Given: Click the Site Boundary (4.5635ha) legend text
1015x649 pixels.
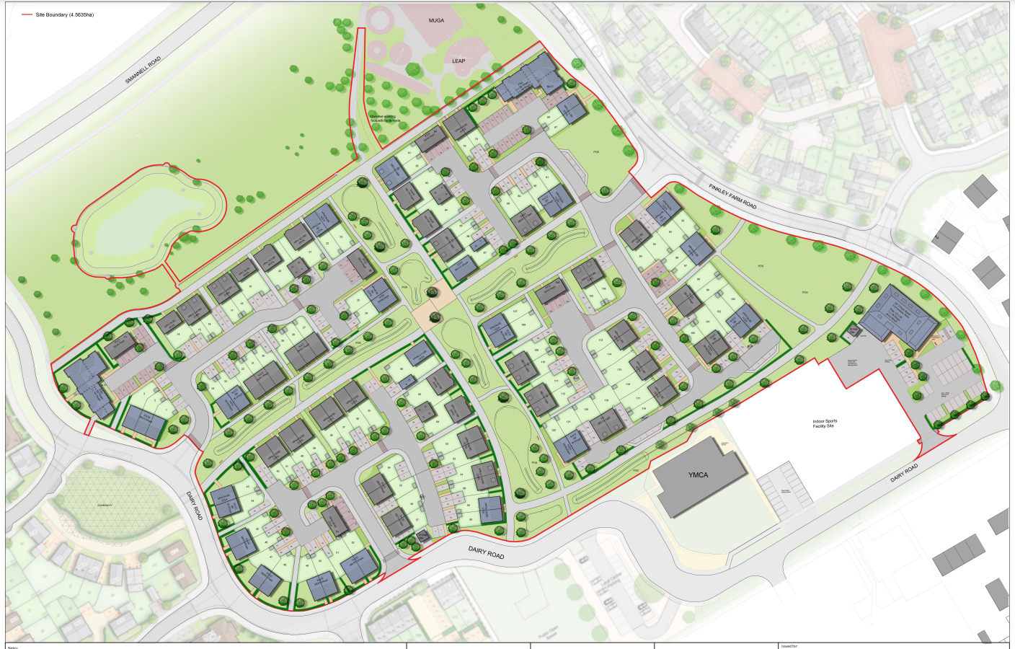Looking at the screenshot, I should pos(65,14).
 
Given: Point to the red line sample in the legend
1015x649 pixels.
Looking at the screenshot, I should pos(27,14).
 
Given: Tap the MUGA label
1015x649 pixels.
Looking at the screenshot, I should pos(436,20).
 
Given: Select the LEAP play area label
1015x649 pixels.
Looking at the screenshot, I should pos(458,61).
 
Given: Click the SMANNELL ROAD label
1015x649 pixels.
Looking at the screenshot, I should pos(143,70).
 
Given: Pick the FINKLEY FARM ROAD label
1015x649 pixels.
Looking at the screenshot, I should pos(732,196).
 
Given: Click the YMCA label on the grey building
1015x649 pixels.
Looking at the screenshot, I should pos(698,475).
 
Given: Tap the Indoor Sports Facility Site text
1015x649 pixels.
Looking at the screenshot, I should pos(825,424).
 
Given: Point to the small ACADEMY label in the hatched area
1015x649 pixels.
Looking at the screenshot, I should pos(105,505).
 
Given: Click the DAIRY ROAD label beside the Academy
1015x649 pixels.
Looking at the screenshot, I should pos(194,505).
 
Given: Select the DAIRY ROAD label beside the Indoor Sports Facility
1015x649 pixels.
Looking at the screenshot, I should pos(903,473).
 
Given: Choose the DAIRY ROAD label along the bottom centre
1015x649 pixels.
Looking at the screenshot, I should pos(486,553).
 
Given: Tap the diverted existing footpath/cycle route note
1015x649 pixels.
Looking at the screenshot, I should pos(383,118).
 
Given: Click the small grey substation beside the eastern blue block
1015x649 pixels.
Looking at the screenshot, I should pos(854,331).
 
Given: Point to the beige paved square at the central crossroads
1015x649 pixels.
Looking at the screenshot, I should pos(431,315).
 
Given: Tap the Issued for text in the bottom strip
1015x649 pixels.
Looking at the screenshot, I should pos(789,646).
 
